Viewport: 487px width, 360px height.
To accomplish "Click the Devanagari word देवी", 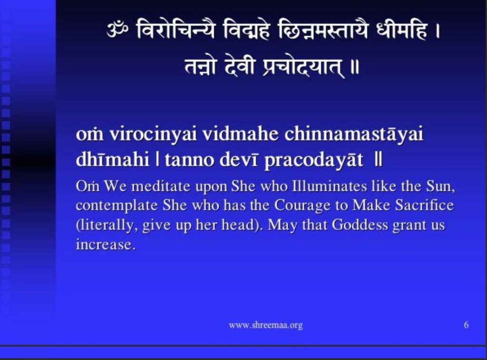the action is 239,67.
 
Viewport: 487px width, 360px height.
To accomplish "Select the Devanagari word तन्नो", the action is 200,67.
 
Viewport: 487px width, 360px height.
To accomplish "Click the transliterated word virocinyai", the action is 153,135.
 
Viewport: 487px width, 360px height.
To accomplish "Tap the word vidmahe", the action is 240,134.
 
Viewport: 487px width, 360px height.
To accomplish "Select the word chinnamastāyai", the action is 354,135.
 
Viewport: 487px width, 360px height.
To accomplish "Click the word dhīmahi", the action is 112,160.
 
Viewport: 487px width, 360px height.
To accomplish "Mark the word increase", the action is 106,245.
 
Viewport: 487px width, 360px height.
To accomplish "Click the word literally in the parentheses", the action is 107,225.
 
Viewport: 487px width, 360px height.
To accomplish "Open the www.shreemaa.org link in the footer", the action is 265,325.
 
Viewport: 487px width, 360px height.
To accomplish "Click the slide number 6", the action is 466,325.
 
